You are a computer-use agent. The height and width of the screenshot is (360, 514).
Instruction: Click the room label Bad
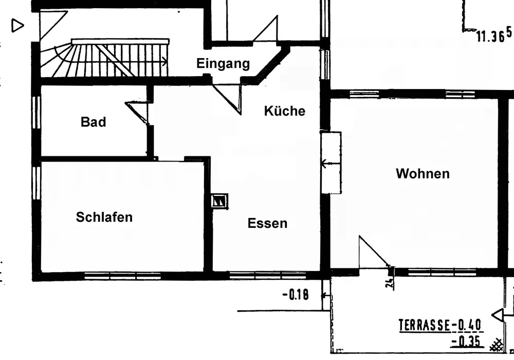coord(94,122)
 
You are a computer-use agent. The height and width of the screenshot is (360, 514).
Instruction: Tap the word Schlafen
coord(104,217)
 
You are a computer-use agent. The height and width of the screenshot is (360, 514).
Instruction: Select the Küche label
coord(285,111)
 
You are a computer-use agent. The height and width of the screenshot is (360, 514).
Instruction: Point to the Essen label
coord(267,223)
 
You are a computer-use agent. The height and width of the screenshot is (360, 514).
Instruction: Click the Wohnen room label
coord(423,174)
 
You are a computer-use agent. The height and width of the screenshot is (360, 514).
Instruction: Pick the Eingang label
coord(223,64)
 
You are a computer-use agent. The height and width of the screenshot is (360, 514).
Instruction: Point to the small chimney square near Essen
coord(219,200)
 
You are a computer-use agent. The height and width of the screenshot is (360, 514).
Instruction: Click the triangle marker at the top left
coord(18,25)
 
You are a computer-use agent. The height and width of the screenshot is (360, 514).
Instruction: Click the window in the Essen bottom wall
coord(260,275)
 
